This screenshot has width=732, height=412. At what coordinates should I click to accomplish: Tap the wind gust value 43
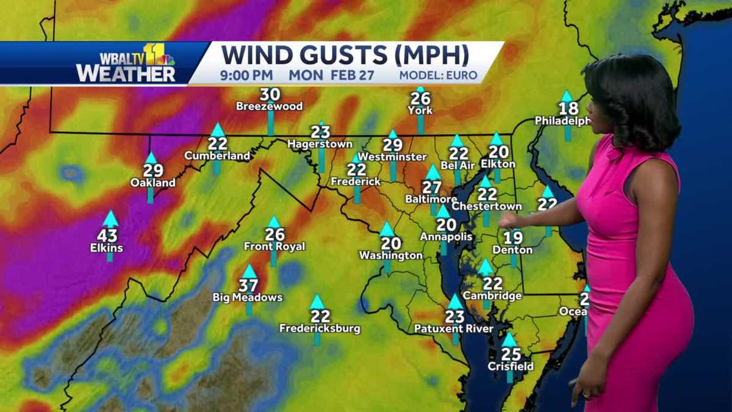(x=110, y=236)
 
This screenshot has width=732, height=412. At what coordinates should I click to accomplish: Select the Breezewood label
(x=270, y=106)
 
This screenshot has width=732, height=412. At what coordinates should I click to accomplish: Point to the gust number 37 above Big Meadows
(x=248, y=285)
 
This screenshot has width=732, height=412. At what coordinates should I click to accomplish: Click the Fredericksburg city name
(x=320, y=328)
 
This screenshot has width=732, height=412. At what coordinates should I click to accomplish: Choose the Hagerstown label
(x=320, y=144)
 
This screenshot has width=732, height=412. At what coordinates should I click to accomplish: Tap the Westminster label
(x=392, y=157)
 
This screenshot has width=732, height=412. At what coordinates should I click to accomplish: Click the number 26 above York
(x=420, y=98)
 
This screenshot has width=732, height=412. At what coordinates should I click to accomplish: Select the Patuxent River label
(x=454, y=329)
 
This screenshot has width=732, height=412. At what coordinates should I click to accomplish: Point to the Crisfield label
(x=510, y=366)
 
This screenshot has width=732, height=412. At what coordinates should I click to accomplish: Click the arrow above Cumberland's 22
(x=217, y=129)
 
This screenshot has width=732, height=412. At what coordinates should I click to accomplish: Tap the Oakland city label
(x=152, y=183)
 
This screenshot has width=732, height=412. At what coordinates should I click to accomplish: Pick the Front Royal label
(x=274, y=247)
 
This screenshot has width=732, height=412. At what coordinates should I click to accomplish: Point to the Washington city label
(x=390, y=255)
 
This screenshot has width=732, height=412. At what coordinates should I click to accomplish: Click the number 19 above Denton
(x=513, y=237)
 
